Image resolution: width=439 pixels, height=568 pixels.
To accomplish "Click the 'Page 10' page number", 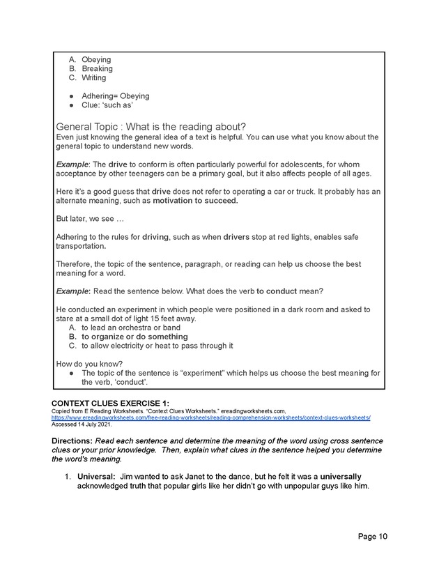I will pyautogui.click(x=373, y=536).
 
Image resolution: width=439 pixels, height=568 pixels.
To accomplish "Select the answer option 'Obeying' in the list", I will pyautogui.click(x=96, y=60).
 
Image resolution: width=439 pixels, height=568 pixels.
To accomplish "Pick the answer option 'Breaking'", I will pyautogui.click(x=97, y=69).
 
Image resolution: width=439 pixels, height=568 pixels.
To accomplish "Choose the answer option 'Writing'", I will pyautogui.click(x=94, y=78).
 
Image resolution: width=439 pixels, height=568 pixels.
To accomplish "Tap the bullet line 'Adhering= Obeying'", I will pyautogui.click(x=115, y=96).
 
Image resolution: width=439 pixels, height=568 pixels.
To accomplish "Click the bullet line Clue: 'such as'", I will pyautogui.click(x=107, y=105).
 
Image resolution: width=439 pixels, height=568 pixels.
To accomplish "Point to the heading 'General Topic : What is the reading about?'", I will pyautogui.click(x=150, y=126).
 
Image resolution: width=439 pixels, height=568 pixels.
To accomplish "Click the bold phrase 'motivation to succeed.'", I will pyautogui.click(x=195, y=201).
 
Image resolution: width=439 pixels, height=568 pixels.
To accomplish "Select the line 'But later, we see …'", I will pyautogui.click(x=89, y=219).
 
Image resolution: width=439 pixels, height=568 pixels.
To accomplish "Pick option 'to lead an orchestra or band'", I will pyautogui.click(x=130, y=328).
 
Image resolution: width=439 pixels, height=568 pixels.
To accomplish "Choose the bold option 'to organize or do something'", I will pyautogui.click(x=134, y=337).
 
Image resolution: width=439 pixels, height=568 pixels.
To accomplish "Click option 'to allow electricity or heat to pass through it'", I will pyautogui.click(x=157, y=346).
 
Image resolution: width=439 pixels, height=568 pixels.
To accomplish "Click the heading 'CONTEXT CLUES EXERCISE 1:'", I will pyautogui.click(x=110, y=403).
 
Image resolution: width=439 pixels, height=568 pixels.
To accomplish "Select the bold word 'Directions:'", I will pyautogui.click(x=75, y=441).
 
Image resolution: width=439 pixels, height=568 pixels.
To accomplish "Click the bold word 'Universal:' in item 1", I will pyautogui.click(x=97, y=477).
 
